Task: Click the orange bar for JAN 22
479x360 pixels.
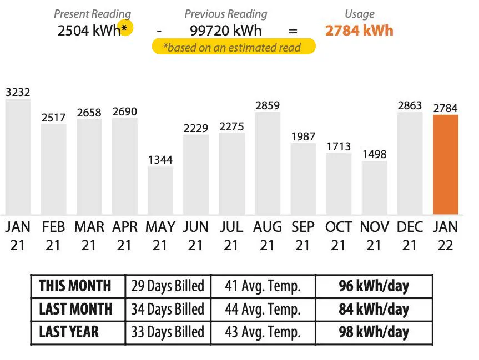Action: (x=445, y=164)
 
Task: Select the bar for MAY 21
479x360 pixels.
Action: (x=160, y=190)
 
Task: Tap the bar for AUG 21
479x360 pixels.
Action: (x=268, y=163)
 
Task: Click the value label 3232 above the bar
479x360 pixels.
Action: (x=18, y=92)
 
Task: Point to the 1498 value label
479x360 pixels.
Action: (x=374, y=154)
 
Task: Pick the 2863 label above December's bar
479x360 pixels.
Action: (x=410, y=105)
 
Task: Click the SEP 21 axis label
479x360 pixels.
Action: (x=303, y=236)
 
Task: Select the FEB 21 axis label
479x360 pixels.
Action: (x=53, y=236)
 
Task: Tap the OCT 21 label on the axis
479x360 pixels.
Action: (x=339, y=236)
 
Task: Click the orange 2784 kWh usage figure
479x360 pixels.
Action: (x=359, y=30)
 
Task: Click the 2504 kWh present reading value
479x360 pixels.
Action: (x=89, y=30)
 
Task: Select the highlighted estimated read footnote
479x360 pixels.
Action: (x=234, y=47)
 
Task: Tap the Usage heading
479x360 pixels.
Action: (x=359, y=14)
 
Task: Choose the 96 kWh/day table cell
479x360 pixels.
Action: (x=374, y=286)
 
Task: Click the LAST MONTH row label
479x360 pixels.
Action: (x=76, y=309)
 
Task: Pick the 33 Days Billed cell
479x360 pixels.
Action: (x=168, y=332)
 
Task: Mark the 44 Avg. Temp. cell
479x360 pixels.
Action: (x=263, y=309)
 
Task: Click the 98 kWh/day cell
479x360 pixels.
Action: (x=374, y=332)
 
